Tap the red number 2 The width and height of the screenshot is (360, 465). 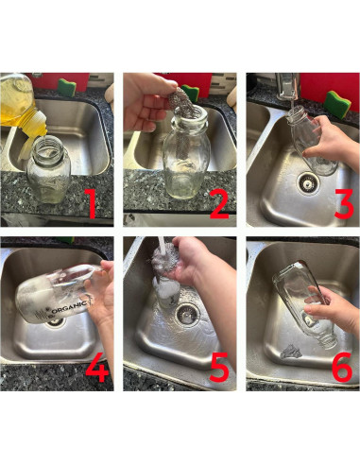click(x=219, y=203)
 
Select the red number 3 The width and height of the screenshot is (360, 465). click(x=344, y=203)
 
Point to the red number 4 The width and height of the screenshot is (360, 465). click(x=97, y=368)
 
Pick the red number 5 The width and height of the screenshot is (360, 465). click(x=219, y=368)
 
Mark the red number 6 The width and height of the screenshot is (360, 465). click(x=342, y=368)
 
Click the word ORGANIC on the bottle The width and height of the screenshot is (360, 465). click(x=69, y=307)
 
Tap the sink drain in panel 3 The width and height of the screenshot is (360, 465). click(x=308, y=182)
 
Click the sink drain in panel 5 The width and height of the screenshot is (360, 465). click(x=188, y=314)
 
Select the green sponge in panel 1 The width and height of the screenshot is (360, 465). click(x=66, y=86)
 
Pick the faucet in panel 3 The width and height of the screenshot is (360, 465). click(x=287, y=85)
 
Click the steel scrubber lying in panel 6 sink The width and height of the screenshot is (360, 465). click(x=291, y=352)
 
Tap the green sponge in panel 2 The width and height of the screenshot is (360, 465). click(x=190, y=94)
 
